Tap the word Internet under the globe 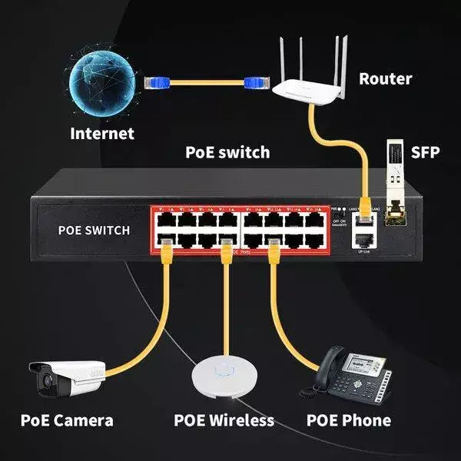coord(102,133)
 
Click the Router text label coord(385,78)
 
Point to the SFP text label coord(425,152)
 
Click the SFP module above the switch coord(394,185)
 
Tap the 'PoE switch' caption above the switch coord(227,152)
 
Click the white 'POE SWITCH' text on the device coord(94,230)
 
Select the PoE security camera coord(67,379)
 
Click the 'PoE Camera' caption coord(68,420)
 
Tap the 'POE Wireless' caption coord(224,420)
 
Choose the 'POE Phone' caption coord(348,420)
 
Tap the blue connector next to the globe coord(158,80)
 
